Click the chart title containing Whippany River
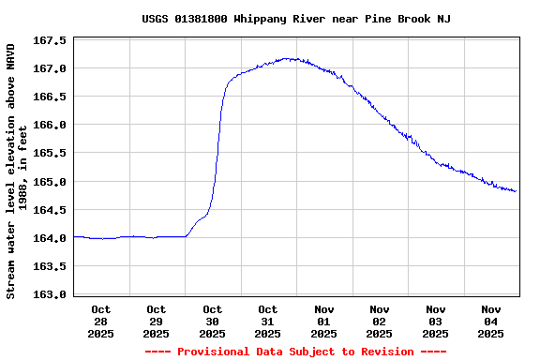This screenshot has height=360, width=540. pos(296,19)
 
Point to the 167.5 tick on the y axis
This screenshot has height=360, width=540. pos(50,41)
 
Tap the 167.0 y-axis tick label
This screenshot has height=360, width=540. pos(50,69)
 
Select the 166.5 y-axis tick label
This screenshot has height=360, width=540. pos(50,97)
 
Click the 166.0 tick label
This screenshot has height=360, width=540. pos(50,126)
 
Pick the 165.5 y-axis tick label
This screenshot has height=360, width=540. pos(50,154)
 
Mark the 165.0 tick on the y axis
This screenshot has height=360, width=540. pos(50,182)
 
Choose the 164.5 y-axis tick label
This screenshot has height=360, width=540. pos(50,210)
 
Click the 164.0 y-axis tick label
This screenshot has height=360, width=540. pos(50,238)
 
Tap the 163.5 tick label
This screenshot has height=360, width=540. pos(50,266)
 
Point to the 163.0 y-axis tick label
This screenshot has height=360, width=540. pos(50,294)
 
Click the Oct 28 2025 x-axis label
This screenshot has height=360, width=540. pos(101,321)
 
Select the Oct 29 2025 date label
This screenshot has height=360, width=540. pos(157,321)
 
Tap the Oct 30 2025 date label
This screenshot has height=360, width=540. pos(213,321)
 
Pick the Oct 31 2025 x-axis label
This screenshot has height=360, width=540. pos(268,321)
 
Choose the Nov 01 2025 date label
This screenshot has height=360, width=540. pos(324,321)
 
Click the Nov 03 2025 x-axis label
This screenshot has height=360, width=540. pos(436,321)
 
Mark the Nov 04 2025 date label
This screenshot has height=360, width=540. pos(491,321)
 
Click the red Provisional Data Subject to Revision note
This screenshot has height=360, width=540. pos(295,352)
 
